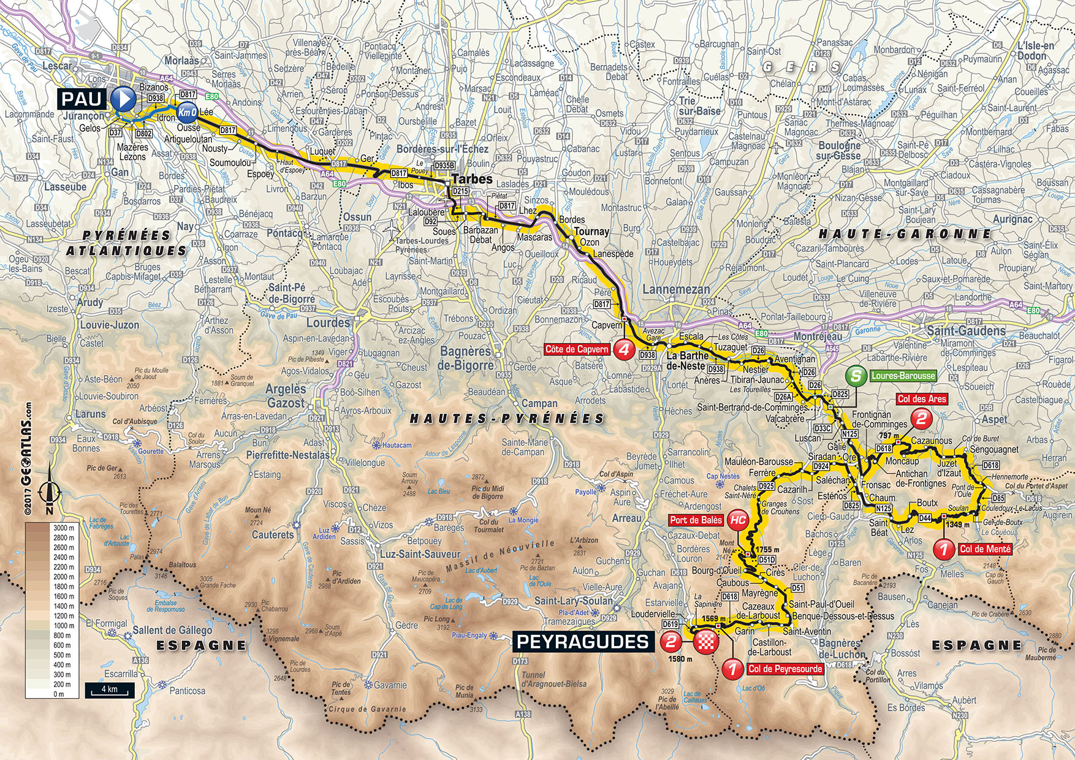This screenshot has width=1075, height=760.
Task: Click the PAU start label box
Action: click(x=82, y=99)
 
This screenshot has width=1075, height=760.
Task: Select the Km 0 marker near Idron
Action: click(x=187, y=112)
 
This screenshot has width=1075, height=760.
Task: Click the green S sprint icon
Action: click(x=856, y=376)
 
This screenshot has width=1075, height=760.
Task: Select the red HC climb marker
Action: click(x=739, y=520)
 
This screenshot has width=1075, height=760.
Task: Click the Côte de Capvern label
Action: click(x=577, y=349)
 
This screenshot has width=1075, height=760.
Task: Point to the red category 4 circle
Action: click(x=624, y=350)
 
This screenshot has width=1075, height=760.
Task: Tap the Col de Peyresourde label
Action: click(x=785, y=669)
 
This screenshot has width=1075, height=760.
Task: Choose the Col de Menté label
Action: click(x=984, y=549)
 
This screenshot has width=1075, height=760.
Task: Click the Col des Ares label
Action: click(x=922, y=399)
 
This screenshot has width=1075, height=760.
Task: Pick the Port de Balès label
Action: click(x=696, y=520)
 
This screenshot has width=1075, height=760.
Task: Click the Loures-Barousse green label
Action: click(x=903, y=376)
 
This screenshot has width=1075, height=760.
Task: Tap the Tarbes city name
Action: click(x=472, y=179)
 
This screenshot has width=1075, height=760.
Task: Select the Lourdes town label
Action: click(x=328, y=323)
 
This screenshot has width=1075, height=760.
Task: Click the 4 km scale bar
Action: click(x=109, y=691)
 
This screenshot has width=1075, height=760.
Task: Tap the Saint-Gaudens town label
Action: click(x=966, y=331)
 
